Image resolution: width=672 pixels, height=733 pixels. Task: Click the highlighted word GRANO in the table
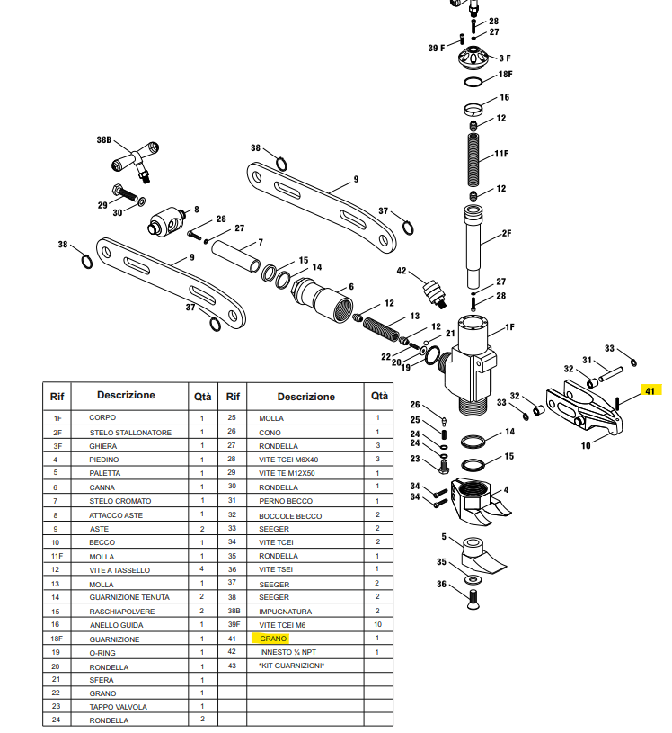pyautogui.click(x=273, y=638)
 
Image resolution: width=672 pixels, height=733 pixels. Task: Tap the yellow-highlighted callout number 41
pyautogui.click(x=650, y=390)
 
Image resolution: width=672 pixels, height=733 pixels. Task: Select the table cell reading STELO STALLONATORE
pyautogui.click(x=129, y=433)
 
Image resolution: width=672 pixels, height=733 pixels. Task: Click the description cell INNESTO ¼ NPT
pyautogui.click(x=287, y=651)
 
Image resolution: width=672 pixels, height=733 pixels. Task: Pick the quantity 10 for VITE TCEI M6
pyautogui.click(x=377, y=624)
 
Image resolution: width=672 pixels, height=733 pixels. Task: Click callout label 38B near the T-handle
pyautogui.click(x=104, y=141)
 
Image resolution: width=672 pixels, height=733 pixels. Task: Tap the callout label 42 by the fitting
pyautogui.click(x=402, y=271)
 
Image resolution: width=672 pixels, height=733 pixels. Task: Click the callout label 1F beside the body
pyautogui.click(x=509, y=327)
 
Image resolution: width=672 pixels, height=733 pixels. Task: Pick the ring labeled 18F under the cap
pyautogui.click(x=474, y=83)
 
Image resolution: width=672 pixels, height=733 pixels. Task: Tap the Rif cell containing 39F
pyautogui.click(x=233, y=624)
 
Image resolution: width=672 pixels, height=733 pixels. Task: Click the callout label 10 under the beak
pyautogui.click(x=585, y=445)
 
